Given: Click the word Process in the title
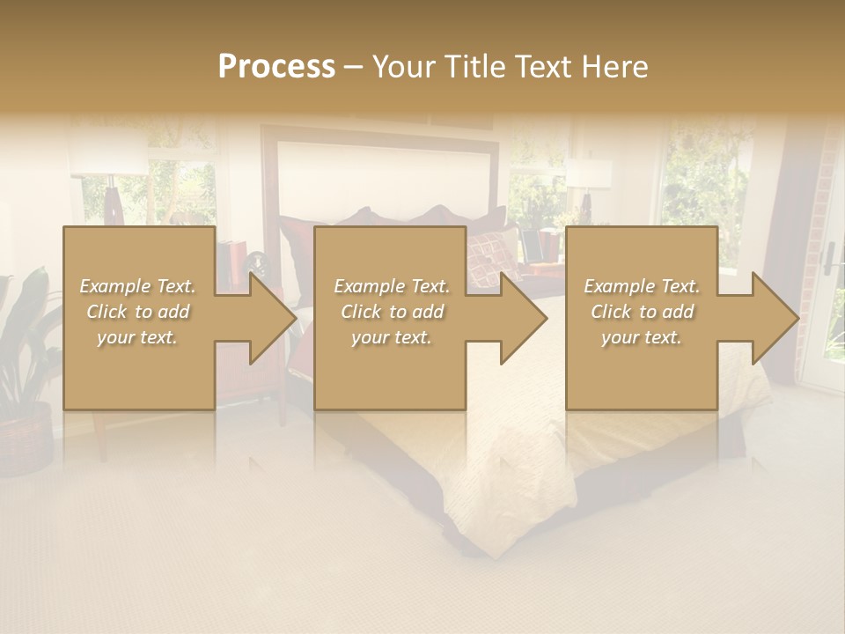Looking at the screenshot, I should tap(276, 67).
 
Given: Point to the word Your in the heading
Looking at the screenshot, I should tap(403, 67).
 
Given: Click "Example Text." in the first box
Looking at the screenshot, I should tap(138, 286).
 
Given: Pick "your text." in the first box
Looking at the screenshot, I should tap(138, 337).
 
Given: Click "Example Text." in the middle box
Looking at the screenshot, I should tap(392, 286).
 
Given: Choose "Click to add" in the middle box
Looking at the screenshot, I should tap(392, 312).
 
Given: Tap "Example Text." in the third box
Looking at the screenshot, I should tap(642, 286).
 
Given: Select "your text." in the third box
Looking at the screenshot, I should tap(642, 337).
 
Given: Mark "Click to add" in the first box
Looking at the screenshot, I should tap(138, 312).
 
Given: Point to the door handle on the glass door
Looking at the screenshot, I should tap(828, 257).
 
